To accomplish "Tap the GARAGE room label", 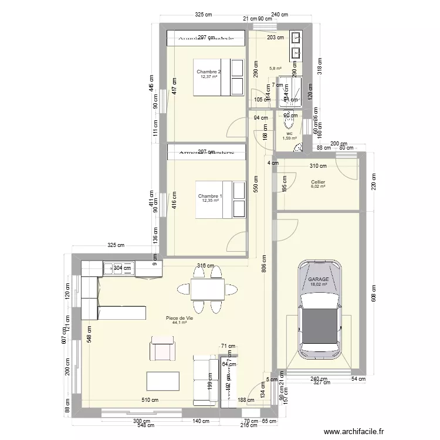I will pos(319,279).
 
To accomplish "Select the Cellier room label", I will pos(319,182).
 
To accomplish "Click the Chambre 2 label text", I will pos(208,72).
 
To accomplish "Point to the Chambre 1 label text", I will pos(209,196).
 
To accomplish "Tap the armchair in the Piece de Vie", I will pos(163,348).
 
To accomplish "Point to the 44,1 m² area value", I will pos(180,322).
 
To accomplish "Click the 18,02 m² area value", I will pos(319,284).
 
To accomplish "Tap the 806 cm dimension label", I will pos(264,268).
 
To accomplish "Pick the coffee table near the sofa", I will pos(163,381).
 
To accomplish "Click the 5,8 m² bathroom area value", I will pos(275,68).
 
